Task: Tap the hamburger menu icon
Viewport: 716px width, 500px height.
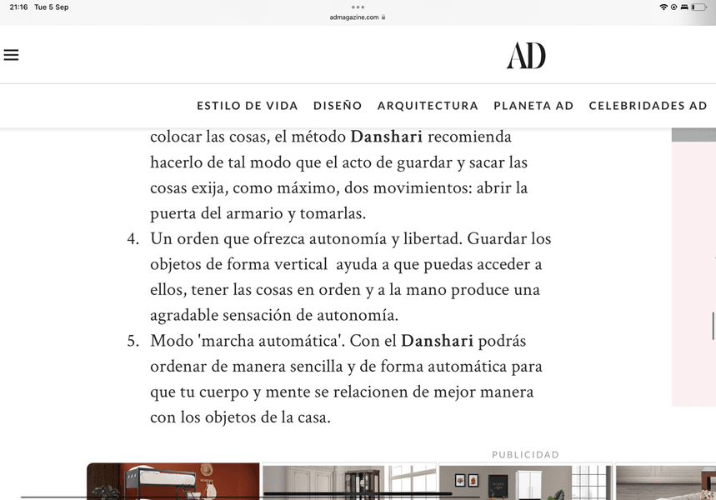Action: pyautogui.click(x=11, y=55)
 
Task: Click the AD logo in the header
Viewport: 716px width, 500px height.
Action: pyautogui.click(x=526, y=56)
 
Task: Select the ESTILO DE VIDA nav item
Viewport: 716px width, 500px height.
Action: pyautogui.click(x=248, y=106)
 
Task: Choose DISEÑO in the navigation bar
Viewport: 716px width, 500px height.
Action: pyautogui.click(x=338, y=106)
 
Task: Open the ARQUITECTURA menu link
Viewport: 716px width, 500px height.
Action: pyautogui.click(x=428, y=106)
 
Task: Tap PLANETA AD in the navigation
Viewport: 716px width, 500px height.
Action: pyautogui.click(x=533, y=106)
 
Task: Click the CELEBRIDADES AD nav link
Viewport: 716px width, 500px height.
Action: pyautogui.click(x=648, y=106)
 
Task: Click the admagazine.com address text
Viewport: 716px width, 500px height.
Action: pyautogui.click(x=354, y=17)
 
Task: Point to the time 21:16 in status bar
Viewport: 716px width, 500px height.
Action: pyautogui.click(x=18, y=7)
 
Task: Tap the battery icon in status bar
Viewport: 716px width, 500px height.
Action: pyautogui.click(x=698, y=7)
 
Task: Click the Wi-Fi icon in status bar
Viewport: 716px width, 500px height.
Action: pyautogui.click(x=663, y=7)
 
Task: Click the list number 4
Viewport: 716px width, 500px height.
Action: pyautogui.click(x=133, y=239)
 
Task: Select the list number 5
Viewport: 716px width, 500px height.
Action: pyautogui.click(x=133, y=342)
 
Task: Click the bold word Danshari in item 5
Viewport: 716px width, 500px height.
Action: pyautogui.click(x=437, y=342)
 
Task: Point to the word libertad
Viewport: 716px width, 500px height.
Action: pyautogui.click(x=429, y=239)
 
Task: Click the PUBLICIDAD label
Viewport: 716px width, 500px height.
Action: pyautogui.click(x=525, y=455)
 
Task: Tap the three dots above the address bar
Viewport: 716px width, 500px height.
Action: pyautogui.click(x=358, y=7)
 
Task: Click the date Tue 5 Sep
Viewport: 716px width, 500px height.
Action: pyautogui.click(x=52, y=7)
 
